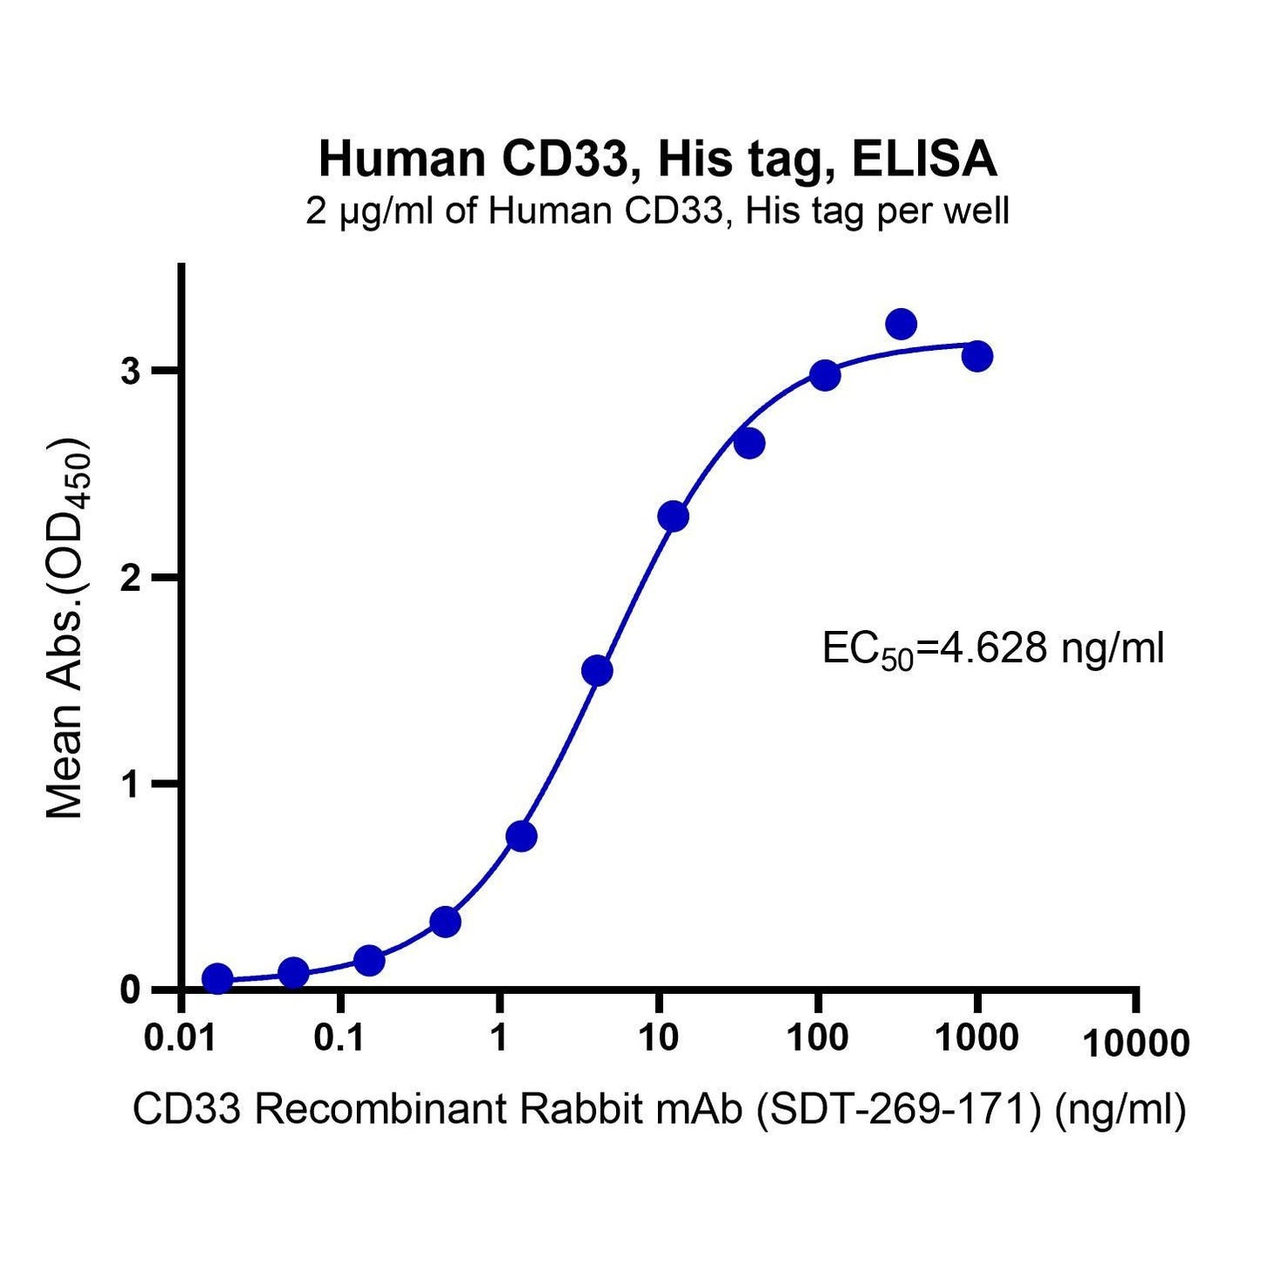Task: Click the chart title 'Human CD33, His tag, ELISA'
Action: (x=657, y=160)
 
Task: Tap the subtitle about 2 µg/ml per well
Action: (x=657, y=212)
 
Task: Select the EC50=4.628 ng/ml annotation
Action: (x=993, y=650)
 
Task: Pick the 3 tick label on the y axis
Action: (x=131, y=372)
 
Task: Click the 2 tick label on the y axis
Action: (x=131, y=578)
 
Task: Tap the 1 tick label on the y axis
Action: (x=131, y=784)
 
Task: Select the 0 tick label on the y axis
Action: (x=131, y=990)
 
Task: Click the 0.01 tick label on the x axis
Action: (x=182, y=1038)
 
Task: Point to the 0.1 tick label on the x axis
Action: (x=341, y=1038)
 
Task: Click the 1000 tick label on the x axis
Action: (x=977, y=1038)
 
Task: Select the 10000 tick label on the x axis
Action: (x=1135, y=1043)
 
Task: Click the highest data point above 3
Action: (x=901, y=325)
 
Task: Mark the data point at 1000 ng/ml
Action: (x=977, y=357)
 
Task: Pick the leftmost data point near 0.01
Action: (x=217, y=979)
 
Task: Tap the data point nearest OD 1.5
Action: (x=597, y=671)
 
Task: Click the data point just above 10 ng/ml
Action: (x=673, y=517)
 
